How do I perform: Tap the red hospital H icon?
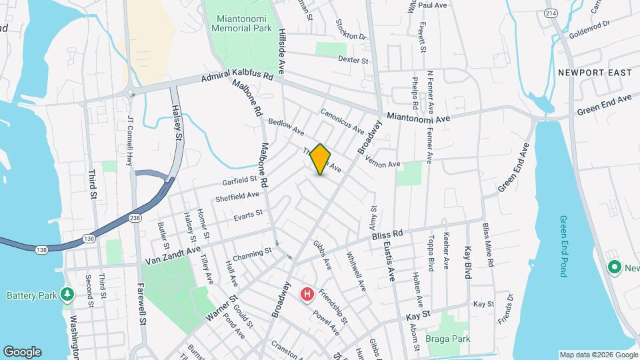[x=307, y=294]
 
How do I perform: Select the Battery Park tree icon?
[x=67, y=294]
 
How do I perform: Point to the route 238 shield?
[x=135, y=217]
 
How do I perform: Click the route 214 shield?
[x=551, y=13]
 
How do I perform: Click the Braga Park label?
[x=448, y=339]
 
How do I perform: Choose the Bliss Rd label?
[x=388, y=235]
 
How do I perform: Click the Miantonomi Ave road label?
[x=419, y=116]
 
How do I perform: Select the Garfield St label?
[x=240, y=179]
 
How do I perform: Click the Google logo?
[x=22, y=352]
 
